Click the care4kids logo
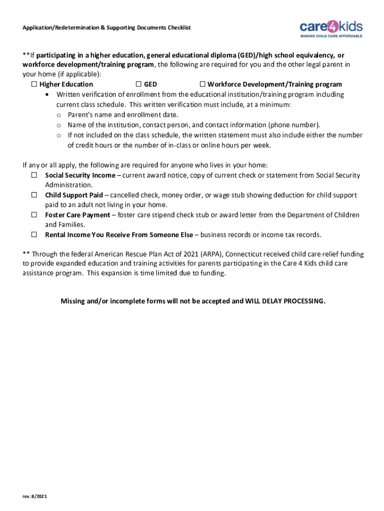coord(331,26)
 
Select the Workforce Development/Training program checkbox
coord(203,84)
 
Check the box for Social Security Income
coord(35,175)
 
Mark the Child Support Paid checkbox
coord(35,195)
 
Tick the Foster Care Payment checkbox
coord(35,215)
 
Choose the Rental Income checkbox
coord(35,235)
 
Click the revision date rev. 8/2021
coord(34,497)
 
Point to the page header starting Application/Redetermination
coord(106,27)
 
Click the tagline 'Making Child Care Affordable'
coord(331,36)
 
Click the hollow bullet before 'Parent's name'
coord(58,115)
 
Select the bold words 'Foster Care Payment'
coord(77,215)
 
